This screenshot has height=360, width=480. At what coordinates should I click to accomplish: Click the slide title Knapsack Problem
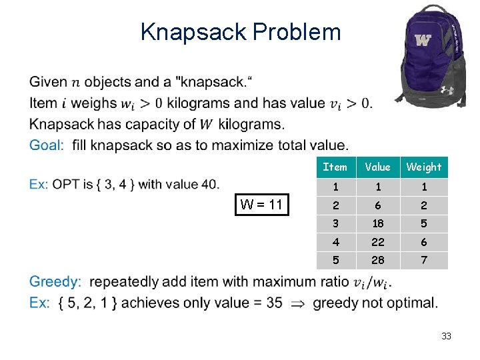tap(241, 32)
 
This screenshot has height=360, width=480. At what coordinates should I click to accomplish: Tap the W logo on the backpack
tap(423, 40)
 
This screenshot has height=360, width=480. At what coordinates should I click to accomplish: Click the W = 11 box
tap(262, 205)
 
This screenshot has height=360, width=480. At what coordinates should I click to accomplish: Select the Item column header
tap(335, 167)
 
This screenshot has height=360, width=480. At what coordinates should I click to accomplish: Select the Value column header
tap(378, 167)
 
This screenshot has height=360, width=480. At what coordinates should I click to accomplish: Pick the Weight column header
tap(423, 167)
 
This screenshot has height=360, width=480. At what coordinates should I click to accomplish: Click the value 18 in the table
tap(378, 223)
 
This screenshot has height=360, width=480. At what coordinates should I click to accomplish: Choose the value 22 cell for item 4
tap(378, 242)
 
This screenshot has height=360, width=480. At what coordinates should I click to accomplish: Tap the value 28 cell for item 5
tap(378, 260)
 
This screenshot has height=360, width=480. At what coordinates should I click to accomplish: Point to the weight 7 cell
tap(423, 260)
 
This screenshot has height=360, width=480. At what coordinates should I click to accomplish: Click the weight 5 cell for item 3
tap(423, 223)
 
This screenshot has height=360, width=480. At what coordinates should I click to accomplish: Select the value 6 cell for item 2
tap(378, 205)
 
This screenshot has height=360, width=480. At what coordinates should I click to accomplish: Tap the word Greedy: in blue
tap(55, 282)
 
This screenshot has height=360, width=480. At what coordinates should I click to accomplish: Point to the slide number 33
tap(446, 337)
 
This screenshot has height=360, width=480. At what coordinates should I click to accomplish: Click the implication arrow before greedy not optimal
tap(297, 303)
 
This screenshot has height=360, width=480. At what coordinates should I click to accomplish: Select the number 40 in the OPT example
tap(209, 185)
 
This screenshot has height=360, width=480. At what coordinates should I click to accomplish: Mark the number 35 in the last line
tap(274, 303)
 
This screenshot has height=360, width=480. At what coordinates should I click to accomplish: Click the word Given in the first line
tap(48, 83)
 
